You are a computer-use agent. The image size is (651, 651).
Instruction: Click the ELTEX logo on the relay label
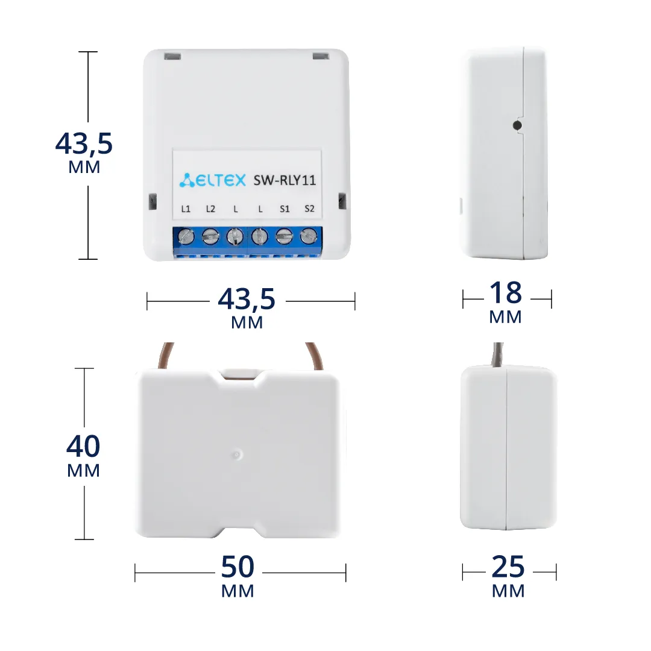point(213,180)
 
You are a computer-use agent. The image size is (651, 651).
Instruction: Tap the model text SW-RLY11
point(285,180)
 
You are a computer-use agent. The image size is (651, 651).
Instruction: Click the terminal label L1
point(186,209)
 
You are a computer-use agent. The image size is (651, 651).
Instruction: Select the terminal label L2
point(210,209)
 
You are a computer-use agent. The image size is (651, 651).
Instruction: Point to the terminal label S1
point(285,209)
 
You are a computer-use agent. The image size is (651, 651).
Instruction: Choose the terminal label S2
point(309,209)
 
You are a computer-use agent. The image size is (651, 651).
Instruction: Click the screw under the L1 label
point(186,237)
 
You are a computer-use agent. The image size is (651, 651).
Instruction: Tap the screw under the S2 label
point(309,237)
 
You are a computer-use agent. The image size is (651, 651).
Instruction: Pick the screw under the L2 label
point(210,237)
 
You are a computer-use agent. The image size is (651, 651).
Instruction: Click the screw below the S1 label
point(285,237)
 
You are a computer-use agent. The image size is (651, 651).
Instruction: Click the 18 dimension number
point(505,292)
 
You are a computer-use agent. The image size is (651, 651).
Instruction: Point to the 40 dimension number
point(83,446)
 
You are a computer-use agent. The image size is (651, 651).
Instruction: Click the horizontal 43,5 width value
point(247,300)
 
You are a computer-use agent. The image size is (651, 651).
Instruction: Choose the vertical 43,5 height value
point(84,144)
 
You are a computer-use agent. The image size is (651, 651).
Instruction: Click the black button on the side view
point(517,125)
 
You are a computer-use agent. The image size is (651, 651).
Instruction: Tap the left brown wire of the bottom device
point(164,356)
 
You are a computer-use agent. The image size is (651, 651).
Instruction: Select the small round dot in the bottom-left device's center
point(236,454)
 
